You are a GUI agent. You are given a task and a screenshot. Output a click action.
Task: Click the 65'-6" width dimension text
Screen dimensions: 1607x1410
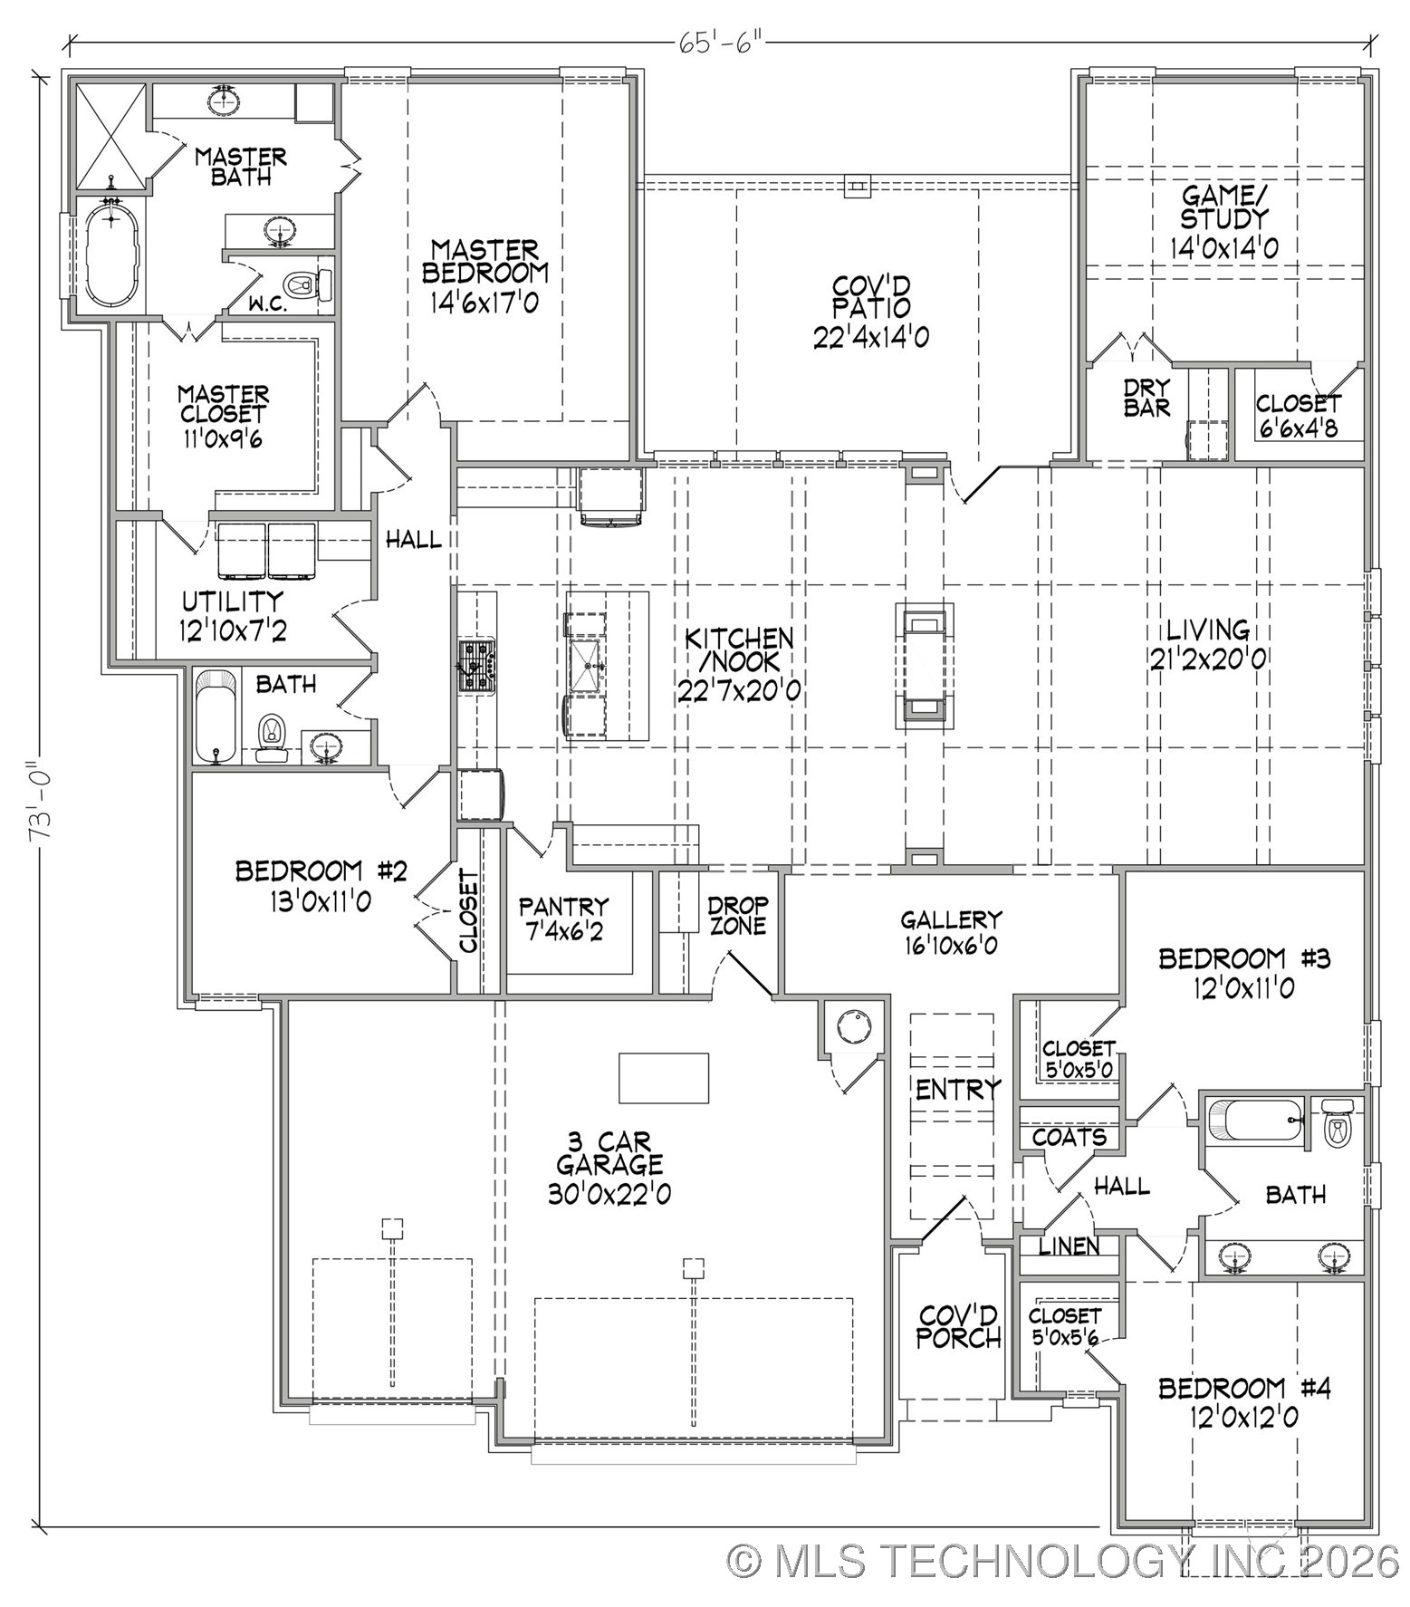click(715, 43)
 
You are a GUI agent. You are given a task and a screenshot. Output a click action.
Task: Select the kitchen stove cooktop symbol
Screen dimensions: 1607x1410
click(476, 667)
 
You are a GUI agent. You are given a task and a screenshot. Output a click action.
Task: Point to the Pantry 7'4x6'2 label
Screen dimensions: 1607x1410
click(562, 918)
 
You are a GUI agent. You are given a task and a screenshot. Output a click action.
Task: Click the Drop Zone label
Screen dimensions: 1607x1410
click(738, 915)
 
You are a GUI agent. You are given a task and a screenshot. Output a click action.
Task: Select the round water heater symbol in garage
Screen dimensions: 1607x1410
click(853, 1026)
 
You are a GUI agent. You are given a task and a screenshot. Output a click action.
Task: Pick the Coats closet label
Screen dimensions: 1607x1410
click(1069, 1137)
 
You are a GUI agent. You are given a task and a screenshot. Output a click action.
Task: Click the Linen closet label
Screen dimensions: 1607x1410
click(1069, 1246)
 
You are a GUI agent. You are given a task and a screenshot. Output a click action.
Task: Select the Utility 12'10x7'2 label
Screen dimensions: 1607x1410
click(234, 615)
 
